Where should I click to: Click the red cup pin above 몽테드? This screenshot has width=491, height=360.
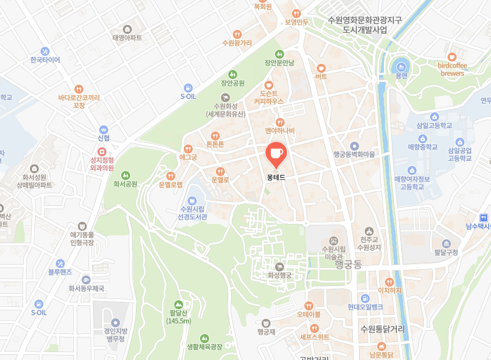click(x=276, y=153)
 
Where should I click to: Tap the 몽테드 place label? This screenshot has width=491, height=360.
click(x=276, y=177)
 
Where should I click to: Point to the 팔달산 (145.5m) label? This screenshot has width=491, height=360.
click(x=179, y=317)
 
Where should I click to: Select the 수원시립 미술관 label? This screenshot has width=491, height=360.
click(x=333, y=252)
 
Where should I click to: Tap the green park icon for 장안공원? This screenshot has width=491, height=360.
click(x=232, y=74)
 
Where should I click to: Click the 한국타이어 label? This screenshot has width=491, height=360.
click(x=45, y=60)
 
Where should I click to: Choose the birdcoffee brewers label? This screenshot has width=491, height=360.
click(x=452, y=69)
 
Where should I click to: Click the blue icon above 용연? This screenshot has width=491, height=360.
click(x=401, y=65)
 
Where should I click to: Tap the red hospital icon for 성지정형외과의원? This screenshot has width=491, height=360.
click(x=102, y=151)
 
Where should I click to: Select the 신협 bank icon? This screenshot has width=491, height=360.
click(x=103, y=129)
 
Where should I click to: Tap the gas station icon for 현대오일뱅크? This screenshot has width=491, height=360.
click(x=365, y=297)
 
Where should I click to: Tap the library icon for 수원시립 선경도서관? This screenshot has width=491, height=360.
click(x=193, y=201)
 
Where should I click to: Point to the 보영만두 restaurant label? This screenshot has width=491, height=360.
click(x=297, y=22)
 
